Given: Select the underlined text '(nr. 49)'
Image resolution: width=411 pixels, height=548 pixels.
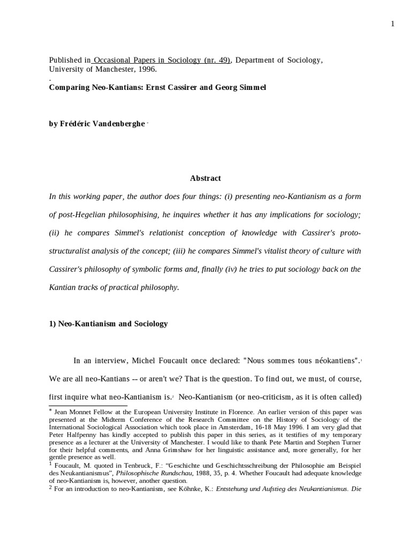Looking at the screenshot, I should pyautogui.click(x=217, y=60).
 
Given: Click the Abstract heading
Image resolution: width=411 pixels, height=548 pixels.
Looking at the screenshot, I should pyautogui.click(x=205, y=178).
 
